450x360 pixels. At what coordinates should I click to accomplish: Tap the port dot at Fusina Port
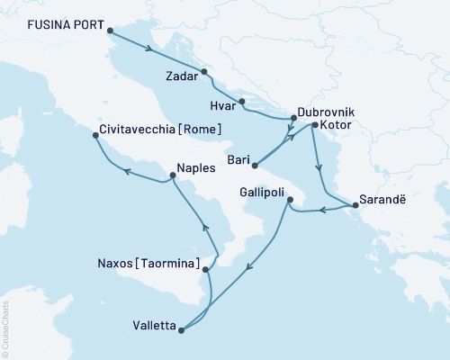coord(111,31)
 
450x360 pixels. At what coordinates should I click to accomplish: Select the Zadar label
coord(183,77)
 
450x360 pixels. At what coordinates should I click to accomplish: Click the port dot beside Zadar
coord(204,71)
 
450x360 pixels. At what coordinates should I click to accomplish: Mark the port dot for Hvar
coord(242,101)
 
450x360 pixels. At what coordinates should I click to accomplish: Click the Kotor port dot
coord(314,125)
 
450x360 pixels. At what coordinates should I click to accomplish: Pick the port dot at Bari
coord(256,165)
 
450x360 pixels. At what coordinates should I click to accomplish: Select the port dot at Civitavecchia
coord(95,136)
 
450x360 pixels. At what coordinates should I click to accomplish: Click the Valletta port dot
coord(181,329)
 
